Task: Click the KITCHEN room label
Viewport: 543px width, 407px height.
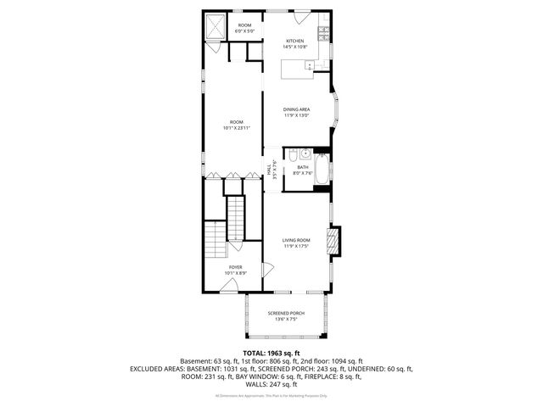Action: point(295,41)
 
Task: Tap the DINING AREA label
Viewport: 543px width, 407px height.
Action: point(296,109)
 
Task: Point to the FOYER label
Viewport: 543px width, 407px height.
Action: point(235,267)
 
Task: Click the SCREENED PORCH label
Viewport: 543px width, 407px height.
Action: point(286,314)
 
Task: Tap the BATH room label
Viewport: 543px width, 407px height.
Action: point(303,167)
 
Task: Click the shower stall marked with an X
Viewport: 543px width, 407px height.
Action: point(216,27)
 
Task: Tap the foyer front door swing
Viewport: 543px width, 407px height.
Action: point(227,286)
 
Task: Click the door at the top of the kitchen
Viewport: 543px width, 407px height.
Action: point(302,16)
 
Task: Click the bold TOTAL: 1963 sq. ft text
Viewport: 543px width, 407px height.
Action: point(271,353)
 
